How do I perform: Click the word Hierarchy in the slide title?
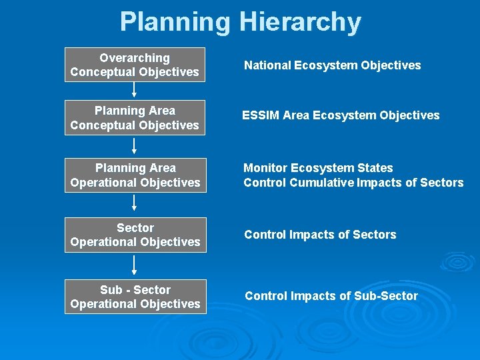click(300, 22)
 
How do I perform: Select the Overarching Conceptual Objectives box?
click(135, 65)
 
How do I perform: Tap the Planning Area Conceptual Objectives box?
click(135, 118)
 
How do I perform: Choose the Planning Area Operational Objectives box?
click(135, 175)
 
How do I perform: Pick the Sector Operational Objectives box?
click(135, 235)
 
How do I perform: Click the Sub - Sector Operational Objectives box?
click(135, 297)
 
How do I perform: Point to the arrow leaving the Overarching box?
click(135, 91)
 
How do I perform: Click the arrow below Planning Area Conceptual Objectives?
click(135, 146)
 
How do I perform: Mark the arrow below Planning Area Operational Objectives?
click(135, 205)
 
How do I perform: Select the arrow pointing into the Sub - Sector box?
click(135, 265)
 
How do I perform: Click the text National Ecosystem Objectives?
click(332, 65)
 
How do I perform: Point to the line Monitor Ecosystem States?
click(318, 168)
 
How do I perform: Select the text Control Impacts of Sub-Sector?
click(331, 296)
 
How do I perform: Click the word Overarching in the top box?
click(135, 58)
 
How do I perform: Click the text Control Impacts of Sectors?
click(320, 235)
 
